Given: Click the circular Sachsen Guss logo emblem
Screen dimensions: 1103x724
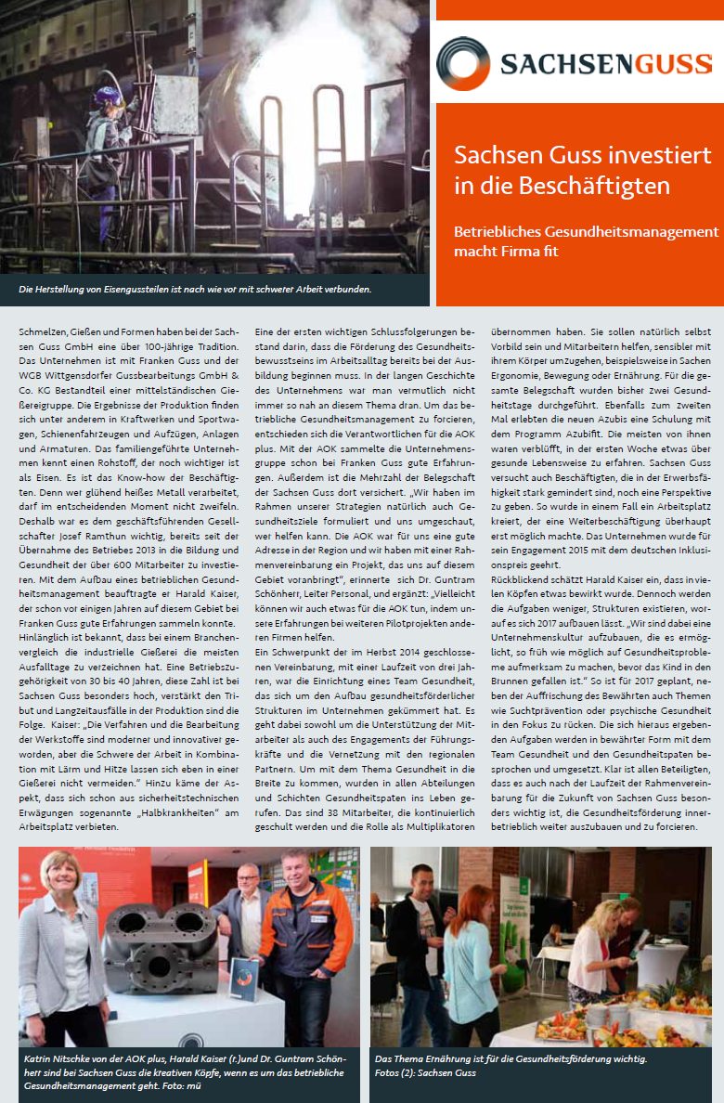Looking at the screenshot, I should pyautogui.click(x=463, y=63).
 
